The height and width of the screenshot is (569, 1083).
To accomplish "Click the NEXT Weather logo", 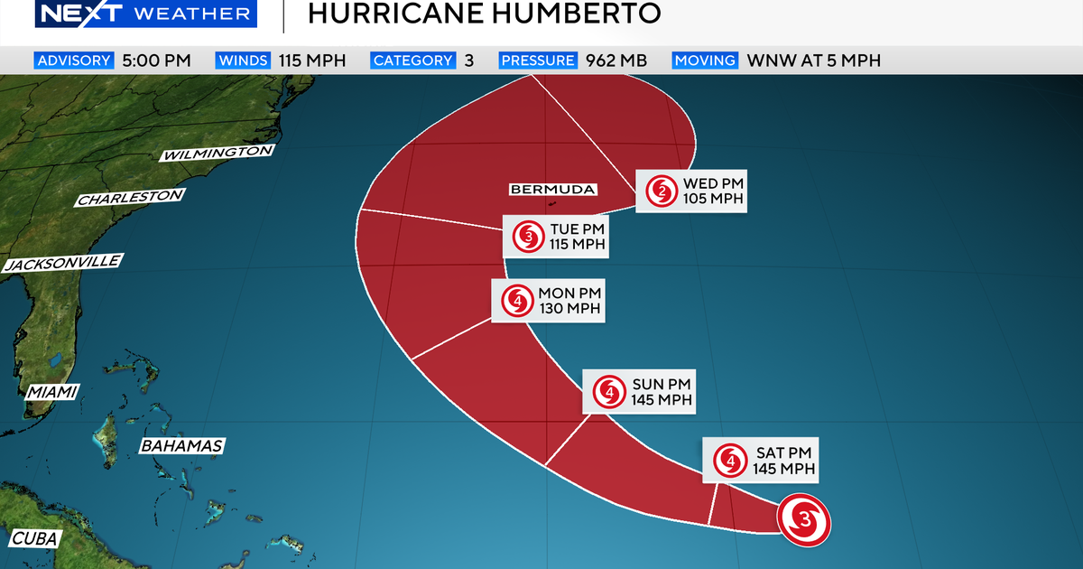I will tap(144, 14).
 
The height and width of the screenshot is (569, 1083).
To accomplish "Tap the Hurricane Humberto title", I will tap(484, 14).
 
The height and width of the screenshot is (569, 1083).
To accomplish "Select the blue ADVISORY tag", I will tap(74, 61).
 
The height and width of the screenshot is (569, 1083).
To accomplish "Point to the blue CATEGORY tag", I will tap(412, 61).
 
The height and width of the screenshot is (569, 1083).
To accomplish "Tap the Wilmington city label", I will tap(217, 154).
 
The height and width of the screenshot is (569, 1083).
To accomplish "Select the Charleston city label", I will tap(131, 198).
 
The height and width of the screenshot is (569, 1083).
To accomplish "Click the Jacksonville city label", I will tap(62, 264).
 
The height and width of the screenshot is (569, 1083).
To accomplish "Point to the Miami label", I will tap(51, 392).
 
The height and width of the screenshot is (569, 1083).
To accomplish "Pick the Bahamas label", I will tap(181, 446).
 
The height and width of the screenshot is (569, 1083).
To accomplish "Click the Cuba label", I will tap(35, 539).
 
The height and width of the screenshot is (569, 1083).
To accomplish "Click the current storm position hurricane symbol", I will tap(804, 520).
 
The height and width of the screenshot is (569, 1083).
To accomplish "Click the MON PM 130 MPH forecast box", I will tap(547, 301).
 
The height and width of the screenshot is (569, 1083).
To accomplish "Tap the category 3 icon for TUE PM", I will tap(526, 237).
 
